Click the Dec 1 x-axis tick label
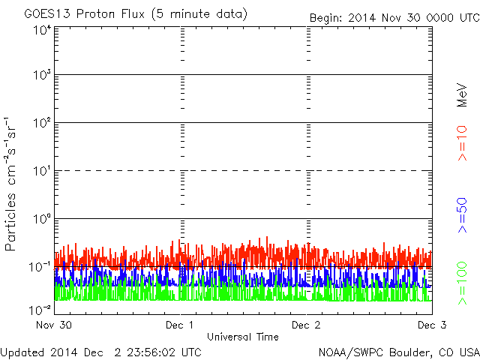click(x=180, y=325)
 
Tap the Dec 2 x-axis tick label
click(x=306, y=325)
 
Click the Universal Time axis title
click(x=243, y=337)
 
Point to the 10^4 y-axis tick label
click(x=41, y=30)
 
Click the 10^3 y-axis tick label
click(x=41, y=76)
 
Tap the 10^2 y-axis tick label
click(x=41, y=124)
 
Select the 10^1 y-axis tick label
click(x=41, y=172)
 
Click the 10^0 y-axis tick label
click(x=41, y=220)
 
